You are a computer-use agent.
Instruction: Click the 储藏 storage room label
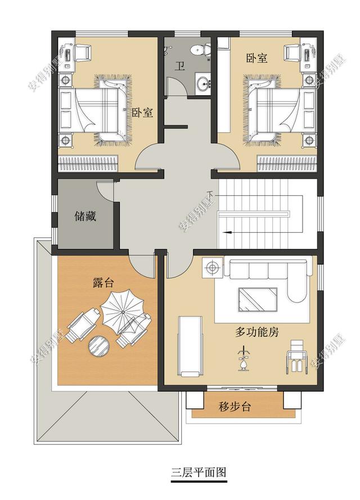pyautogui.click(x=85, y=216)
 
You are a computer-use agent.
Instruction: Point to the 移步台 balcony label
pyautogui.click(x=235, y=407)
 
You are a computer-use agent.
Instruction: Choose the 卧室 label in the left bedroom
pyautogui.click(x=142, y=112)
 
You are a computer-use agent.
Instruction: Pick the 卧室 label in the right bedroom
pyautogui.click(x=256, y=58)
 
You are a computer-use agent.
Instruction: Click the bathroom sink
pyautogui.click(x=202, y=84)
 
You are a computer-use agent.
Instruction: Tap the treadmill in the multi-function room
pyautogui.click(x=190, y=345)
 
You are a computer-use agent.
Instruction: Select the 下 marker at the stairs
pyautogui.click(x=210, y=195)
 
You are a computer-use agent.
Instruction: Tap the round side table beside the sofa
pyautogui.click(x=213, y=267)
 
